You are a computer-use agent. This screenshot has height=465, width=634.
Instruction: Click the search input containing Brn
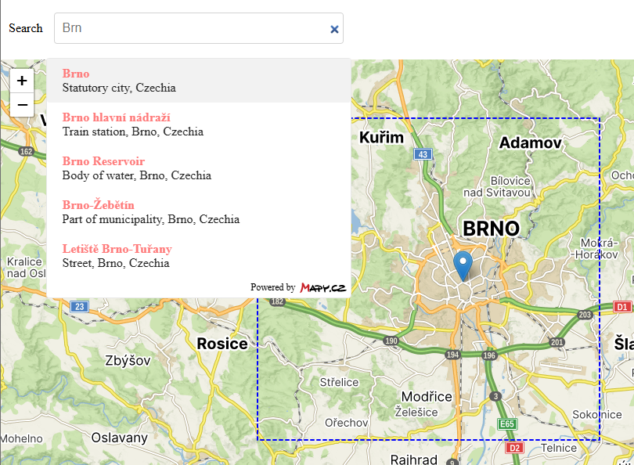tap(192, 28)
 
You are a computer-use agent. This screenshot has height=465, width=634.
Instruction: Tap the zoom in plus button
tap(22, 80)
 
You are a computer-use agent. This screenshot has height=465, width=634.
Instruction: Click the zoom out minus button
tap(22, 105)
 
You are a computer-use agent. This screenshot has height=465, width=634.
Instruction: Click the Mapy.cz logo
tap(322, 287)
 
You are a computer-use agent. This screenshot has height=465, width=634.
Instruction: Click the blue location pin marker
tap(463, 265)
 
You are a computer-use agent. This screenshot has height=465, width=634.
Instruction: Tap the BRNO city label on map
tap(491, 229)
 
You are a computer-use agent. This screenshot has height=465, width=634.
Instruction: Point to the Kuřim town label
tap(381, 139)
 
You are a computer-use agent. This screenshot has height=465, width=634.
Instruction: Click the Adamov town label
tap(531, 142)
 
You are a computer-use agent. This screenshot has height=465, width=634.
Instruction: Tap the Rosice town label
tap(222, 344)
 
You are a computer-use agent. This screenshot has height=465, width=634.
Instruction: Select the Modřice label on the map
tap(427, 397)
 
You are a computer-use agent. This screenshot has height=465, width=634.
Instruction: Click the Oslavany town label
tap(120, 438)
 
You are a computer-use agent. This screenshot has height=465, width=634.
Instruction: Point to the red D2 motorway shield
tap(514, 449)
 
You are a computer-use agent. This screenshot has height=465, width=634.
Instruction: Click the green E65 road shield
tap(507, 424)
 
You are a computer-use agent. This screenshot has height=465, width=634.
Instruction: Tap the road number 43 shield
tap(423, 154)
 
